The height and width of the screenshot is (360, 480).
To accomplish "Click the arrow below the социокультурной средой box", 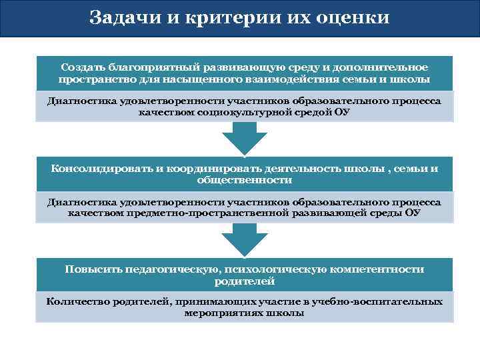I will coord(244,139).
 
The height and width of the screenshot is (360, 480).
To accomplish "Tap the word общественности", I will coord(245,180).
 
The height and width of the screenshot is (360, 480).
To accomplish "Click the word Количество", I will coord(75,301).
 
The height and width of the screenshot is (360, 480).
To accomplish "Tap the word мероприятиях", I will coord(223,313).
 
